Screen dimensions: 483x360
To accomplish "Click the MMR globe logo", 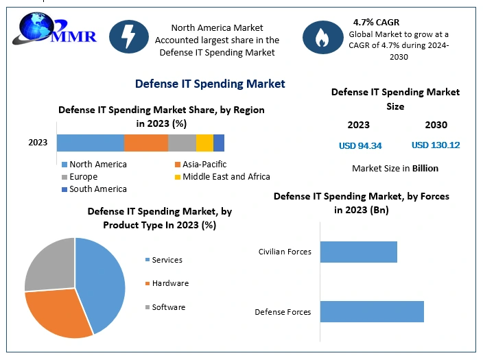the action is (54, 29).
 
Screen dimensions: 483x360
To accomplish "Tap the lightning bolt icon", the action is (129, 36).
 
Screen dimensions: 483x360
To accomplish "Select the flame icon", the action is (323, 37).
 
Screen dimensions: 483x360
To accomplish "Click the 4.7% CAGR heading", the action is (376, 22).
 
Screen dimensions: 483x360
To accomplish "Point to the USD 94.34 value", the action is (360, 145).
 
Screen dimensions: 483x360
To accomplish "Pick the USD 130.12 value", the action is (436, 145).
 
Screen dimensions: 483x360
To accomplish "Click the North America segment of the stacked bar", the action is (91, 143).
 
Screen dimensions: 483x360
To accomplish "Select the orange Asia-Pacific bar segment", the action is (146, 143).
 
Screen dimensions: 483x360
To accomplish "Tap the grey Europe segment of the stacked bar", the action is (182, 143).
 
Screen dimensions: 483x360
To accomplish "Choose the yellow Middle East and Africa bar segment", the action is (204, 143).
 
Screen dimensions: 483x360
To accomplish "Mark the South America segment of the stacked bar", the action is (219, 143).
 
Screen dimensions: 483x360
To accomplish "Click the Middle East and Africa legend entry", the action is (222, 177).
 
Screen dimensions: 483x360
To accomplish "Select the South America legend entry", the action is (94, 189).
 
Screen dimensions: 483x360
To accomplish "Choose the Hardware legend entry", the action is (167, 283).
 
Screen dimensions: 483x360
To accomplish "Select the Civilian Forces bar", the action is (359, 252).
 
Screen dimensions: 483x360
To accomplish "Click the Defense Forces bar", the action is (372, 311).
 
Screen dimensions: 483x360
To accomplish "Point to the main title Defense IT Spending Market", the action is (210, 84).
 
